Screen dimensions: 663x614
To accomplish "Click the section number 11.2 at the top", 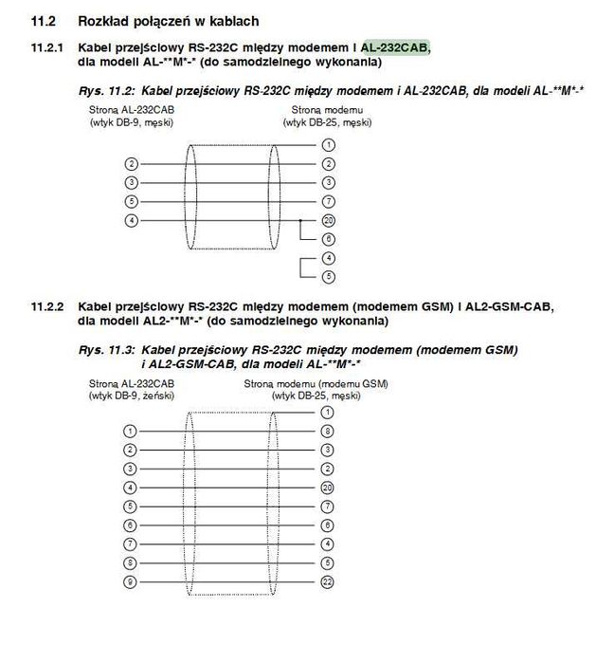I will click(x=44, y=20).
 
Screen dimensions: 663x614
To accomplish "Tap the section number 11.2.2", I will click(x=47, y=306).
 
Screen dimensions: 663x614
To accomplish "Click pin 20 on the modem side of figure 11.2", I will click(x=328, y=220).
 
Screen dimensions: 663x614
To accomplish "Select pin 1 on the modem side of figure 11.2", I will click(x=328, y=144).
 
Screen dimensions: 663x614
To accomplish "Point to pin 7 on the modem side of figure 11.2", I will click(x=328, y=201).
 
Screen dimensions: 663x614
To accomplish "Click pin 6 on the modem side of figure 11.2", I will click(x=328, y=238).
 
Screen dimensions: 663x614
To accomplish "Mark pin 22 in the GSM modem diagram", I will click(x=328, y=580).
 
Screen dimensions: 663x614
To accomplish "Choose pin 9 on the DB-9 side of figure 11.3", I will click(x=131, y=580).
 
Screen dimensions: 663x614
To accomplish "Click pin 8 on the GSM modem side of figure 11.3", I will click(x=328, y=431).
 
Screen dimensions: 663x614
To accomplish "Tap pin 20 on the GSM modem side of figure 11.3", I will click(x=328, y=487).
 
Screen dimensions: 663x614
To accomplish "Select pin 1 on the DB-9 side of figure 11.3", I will click(x=131, y=431).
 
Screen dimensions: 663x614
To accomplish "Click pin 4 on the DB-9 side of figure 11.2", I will click(x=131, y=220).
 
